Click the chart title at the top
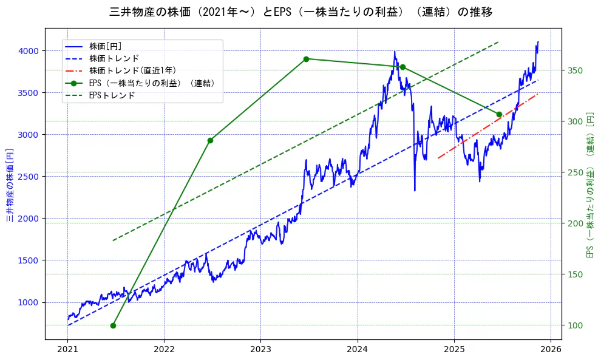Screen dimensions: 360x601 [301, 12]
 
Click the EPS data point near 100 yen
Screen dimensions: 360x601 [113, 325]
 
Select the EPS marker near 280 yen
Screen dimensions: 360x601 [210, 140]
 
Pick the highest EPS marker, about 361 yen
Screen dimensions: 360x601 [306, 59]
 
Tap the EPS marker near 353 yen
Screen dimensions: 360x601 [402, 67]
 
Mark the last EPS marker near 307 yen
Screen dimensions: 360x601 [499, 114]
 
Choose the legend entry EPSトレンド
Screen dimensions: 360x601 [112, 95]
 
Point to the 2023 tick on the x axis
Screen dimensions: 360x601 [260, 350]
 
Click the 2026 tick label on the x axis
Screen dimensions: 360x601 [550, 350]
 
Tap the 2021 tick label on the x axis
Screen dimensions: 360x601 [67, 350]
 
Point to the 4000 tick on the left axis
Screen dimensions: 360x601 [30, 50]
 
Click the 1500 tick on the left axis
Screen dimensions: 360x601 [30, 260]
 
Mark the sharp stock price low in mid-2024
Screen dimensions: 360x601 [415, 191]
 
